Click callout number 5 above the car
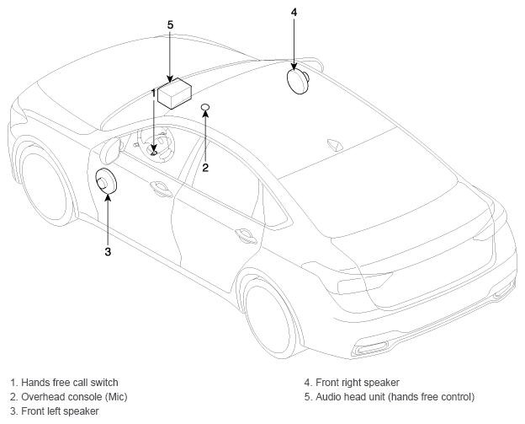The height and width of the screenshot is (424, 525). pos(170,24)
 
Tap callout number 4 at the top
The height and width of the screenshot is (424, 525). pos(294,12)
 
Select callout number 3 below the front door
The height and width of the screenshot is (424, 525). pos(108,251)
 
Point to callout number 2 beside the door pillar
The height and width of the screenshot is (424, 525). pos(205,168)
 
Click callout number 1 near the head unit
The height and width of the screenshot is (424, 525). pos(154,94)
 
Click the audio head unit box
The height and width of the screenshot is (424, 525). pos(174,94)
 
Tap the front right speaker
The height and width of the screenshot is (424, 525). pos(297,81)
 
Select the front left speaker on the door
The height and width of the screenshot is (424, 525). pos(106,181)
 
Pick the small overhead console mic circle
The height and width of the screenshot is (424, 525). pos(205,107)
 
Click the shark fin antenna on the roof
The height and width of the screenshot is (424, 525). pos(334,143)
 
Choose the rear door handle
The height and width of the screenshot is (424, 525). pos(246,235)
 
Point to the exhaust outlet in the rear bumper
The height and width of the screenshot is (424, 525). pos(372,347)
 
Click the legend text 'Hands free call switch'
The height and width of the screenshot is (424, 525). pos(70,383)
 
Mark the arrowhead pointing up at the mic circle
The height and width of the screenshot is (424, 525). pos(205,114)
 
